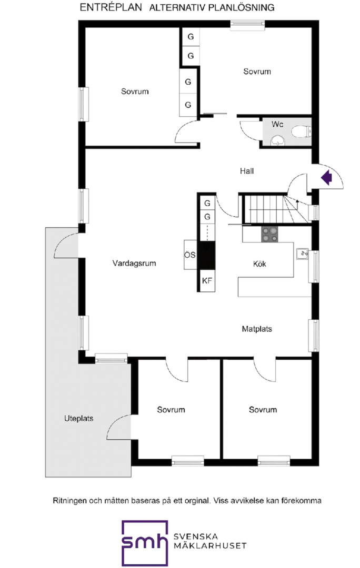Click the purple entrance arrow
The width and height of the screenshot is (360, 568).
(327, 178)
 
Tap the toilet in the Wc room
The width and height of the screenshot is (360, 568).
(302, 131)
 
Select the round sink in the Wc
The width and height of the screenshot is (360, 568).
(278, 140)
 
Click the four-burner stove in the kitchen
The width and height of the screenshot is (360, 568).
(269, 234)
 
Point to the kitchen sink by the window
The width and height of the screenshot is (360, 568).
(302, 255)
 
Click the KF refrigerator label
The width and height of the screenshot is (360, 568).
(207, 280)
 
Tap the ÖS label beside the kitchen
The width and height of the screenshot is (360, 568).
(189, 255)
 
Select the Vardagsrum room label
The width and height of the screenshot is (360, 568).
(134, 263)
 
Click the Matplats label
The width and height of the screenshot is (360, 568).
(257, 329)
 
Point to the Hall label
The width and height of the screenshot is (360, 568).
(247, 171)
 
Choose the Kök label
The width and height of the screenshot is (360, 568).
(259, 263)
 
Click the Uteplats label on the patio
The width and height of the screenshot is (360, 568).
(78, 419)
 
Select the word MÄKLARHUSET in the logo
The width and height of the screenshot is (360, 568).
(211, 545)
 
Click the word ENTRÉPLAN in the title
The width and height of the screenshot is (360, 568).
(111, 7)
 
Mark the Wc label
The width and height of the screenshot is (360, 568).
(277, 124)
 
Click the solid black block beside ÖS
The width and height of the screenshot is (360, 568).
(207, 255)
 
